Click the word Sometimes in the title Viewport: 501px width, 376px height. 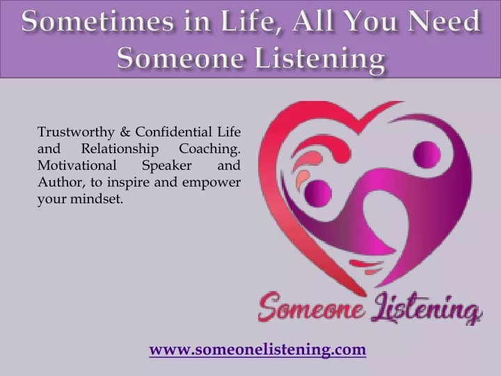pos(97,21)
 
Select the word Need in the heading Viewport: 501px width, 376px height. pos(444,21)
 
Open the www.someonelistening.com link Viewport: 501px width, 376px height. pos(257,349)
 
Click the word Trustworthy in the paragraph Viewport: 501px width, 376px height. pos(76,132)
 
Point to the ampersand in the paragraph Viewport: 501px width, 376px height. pos(125,132)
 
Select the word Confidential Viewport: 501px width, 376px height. pos(174,132)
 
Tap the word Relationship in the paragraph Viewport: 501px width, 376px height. pos(120,149)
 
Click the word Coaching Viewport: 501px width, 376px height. pos(209,149)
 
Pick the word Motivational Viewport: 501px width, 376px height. pos(77,166)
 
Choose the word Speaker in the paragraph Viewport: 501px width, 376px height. pos(167,166)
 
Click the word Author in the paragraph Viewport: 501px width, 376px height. pos(62,182)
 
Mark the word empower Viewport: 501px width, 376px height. pos(212,183)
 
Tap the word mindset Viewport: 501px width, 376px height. pos(96,199)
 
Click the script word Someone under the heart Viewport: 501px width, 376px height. pos(311,307)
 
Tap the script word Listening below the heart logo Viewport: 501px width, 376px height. pos(427,308)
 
